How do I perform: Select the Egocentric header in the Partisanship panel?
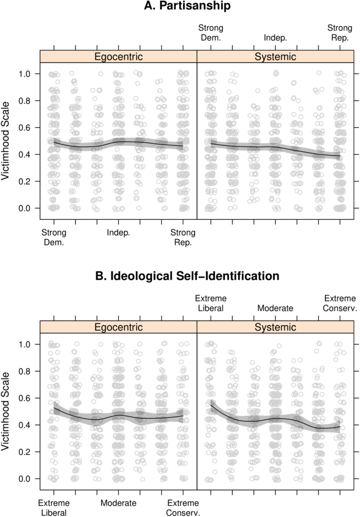(x=118, y=56)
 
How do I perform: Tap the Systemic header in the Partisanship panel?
(x=275, y=56)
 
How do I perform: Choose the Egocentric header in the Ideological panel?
(x=118, y=327)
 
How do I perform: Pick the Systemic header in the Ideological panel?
(x=275, y=327)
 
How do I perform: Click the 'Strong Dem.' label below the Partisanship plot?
(x=54, y=238)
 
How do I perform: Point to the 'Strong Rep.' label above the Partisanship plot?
(x=340, y=33)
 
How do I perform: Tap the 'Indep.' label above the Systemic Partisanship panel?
(x=275, y=38)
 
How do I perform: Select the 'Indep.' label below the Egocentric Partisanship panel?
(x=118, y=233)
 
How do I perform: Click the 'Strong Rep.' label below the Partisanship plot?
(x=183, y=238)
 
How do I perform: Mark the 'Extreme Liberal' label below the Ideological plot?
(x=54, y=508)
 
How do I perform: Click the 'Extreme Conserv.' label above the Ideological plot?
(x=340, y=303)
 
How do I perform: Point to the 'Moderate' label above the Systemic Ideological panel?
(x=275, y=308)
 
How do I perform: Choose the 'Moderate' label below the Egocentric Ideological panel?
(x=118, y=503)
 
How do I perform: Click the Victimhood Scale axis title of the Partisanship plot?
(x=7, y=141)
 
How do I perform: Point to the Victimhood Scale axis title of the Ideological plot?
(x=7, y=411)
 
